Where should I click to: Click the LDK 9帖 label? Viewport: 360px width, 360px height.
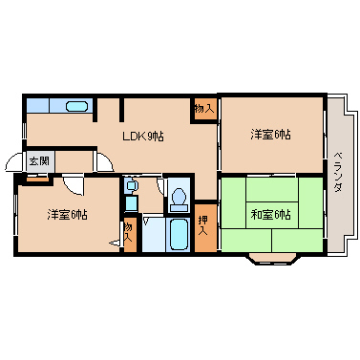click(143, 137)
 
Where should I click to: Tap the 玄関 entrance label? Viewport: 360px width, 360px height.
click(39, 160)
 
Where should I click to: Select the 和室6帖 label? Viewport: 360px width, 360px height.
click(270, 215)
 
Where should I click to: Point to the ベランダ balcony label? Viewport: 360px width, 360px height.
click(338, 172)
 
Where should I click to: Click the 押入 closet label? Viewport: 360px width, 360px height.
click(202, 225)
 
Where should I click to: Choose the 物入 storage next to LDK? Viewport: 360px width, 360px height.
click(203, 109)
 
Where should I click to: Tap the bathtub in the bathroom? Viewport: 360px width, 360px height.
click(179, 235)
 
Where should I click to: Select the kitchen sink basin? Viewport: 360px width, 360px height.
click(76, 106)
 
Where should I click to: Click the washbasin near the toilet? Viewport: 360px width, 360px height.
click(131, 185)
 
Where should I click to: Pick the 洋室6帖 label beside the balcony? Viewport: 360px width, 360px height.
click(270, 135)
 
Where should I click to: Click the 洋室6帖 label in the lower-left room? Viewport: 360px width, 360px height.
click(67, 215)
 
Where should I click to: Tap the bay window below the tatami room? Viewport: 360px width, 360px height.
click(274, 258)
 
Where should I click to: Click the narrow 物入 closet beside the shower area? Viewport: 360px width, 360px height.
click(130, 234)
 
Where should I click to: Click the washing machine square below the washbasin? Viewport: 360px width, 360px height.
click(131, 203)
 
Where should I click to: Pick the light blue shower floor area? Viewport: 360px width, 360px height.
click(154, 235)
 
